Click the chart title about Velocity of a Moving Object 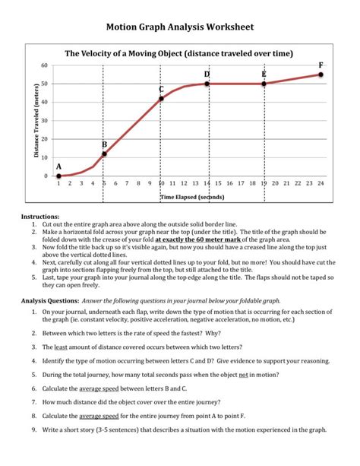180,54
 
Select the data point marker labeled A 58,176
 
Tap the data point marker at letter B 104,154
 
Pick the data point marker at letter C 161,98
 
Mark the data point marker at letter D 207,84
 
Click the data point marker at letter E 264,84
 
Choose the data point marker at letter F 321,74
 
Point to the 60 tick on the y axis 44,65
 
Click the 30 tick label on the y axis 44,121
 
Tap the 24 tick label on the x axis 321,183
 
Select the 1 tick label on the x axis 58,183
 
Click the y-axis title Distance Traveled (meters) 35,122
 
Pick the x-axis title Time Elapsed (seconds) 192,197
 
